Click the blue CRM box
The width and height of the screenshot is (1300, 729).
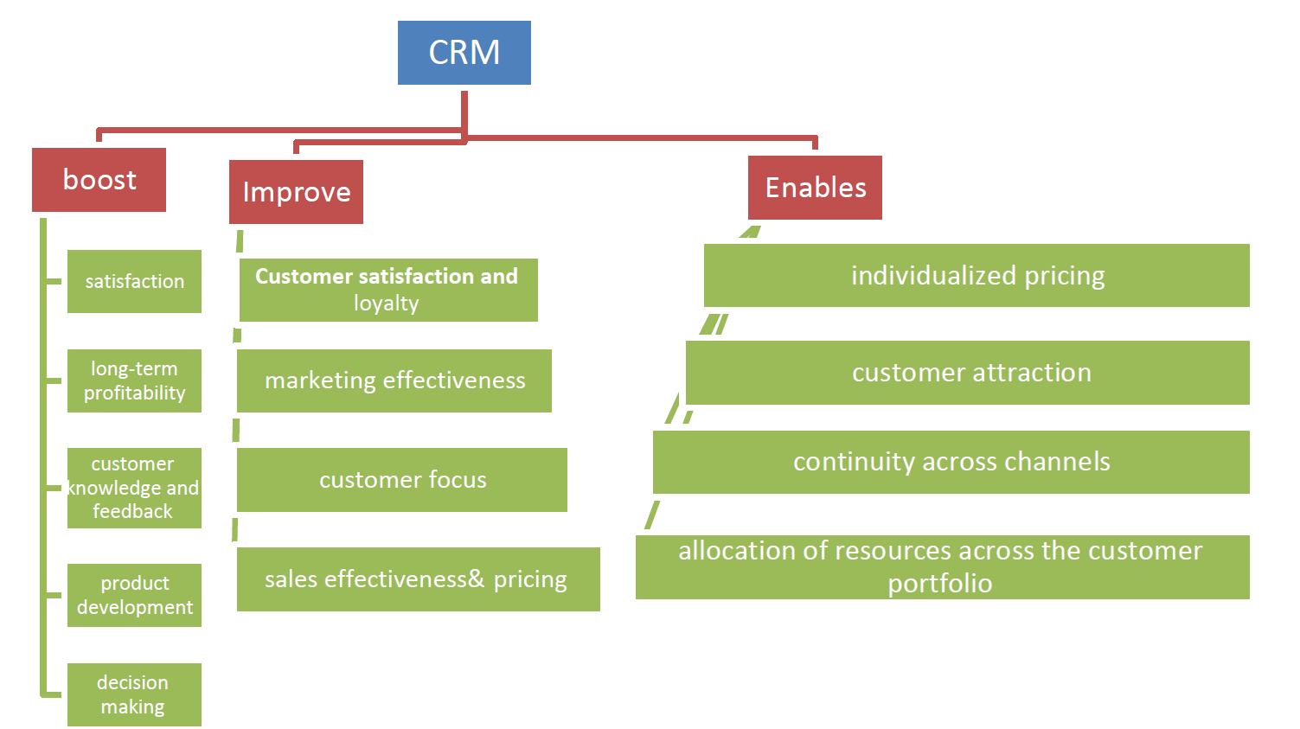click(x=464, y=53)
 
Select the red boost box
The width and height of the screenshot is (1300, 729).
click(x=99, y=180)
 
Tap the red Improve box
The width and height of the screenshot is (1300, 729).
click(x=296, y=192)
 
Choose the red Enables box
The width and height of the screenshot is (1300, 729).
click(x=815, y=188)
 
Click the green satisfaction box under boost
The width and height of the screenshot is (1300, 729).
click(x=134, y=282)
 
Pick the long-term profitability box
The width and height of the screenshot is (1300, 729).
click(x=134, y=380)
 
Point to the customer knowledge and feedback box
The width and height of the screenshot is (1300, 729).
click(x=134, y=488)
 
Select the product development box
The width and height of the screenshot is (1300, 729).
click(x=134, y=595)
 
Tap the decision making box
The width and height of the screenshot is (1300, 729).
click(x=134, y=694)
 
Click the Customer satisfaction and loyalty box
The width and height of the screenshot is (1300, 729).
click(x=388, y=291)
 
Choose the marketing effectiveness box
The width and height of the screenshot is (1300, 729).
click(x=394, y=380)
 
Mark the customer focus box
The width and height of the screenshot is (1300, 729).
click(x=401, y=480)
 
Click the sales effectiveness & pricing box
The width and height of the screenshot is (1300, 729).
click(x=419, y=579)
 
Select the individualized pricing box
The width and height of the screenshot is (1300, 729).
click(x=977, y=275)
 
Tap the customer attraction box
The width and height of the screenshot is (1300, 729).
click(x=968, y=373)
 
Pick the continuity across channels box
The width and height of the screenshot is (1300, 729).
click(x=951, y=462)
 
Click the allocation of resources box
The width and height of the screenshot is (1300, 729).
click(x=943, y=567)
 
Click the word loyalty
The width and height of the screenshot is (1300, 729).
click(x=387, y=304)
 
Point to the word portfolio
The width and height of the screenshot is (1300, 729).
click(x=940, y=584)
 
